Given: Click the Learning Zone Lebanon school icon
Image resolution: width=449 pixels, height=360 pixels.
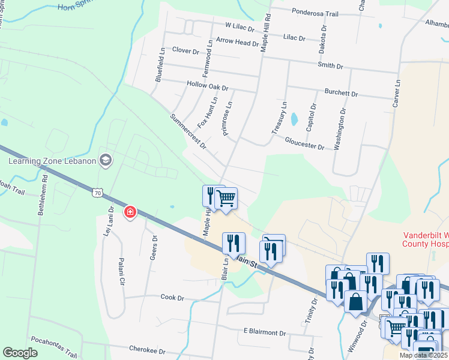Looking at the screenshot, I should pyautogui.click(x=106, y=160).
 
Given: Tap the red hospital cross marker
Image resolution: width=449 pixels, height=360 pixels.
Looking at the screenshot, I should pyautogui.click(x=130, y=212).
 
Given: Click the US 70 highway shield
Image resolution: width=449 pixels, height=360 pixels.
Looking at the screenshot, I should pyautogui.click(x=99, y=193).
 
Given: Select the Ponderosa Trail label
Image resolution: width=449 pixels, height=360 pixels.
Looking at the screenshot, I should pyautogui.click(x=315, y=13).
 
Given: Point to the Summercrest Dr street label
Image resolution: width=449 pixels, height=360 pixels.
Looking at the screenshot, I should pyautogui.click(x=188, y=131).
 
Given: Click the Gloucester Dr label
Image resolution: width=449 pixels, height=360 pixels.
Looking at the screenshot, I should pyautogui.click(x=304, y=143).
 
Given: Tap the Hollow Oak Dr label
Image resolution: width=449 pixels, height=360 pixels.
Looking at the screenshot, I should pyautogui.click(x=208, y=86).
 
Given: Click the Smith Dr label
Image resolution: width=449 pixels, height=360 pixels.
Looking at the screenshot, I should pyautogui.click(x=330, y=65).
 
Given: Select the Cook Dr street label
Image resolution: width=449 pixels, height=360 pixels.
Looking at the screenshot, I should pyautogui.click(x=171, y=297).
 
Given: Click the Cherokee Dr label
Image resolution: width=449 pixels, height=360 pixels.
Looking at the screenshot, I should pyautogui.click(x=146, y=348).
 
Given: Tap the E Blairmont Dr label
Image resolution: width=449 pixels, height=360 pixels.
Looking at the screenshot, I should pyautogui.click(x=265, y=332).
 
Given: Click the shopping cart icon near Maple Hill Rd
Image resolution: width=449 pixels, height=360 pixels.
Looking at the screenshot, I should pyautogui.click(x=226, y=198).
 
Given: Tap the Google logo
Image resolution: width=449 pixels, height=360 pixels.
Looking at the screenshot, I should pyautogui.click(x=20, y=353).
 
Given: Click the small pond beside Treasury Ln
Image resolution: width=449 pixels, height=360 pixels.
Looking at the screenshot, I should pyautogui.click(x=294, y=119).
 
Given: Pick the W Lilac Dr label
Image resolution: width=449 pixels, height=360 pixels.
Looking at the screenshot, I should pyautogui.click(x=240, y=27).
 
